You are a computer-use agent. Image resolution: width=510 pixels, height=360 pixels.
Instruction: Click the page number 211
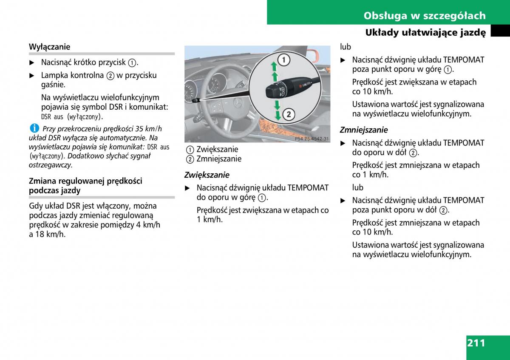click(476, 343)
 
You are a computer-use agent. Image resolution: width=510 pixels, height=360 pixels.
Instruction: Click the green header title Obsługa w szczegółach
click(425, 16)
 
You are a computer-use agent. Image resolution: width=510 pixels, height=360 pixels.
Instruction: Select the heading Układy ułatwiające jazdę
click(425, 33)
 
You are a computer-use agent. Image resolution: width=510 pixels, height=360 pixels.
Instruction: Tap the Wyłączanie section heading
click(49, 47)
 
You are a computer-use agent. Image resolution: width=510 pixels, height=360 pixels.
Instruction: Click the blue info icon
click(34, 128)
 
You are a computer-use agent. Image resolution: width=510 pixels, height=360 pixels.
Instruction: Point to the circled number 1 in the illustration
click(284, 60)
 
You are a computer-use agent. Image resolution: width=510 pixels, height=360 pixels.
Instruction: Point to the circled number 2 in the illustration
click(289, 114)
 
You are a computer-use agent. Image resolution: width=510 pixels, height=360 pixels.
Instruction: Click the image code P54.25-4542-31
click(312, 139)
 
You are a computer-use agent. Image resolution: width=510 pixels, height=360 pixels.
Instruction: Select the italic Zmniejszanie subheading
click(364, 130)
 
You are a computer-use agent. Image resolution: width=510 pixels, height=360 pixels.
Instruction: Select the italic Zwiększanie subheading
click(207, 175)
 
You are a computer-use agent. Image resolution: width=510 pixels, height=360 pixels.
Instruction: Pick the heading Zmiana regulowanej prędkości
click(85, 181)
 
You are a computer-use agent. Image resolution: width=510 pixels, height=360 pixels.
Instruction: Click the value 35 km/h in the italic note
click(148, 129)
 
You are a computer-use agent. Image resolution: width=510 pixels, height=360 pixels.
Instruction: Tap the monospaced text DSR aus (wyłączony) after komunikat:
click(72, 117)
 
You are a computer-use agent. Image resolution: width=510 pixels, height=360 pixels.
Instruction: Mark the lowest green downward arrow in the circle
click(278, 116)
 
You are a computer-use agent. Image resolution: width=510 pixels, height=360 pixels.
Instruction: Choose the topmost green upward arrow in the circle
click(274, 66)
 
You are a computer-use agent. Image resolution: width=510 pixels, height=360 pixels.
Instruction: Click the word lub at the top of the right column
click(346, 47)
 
